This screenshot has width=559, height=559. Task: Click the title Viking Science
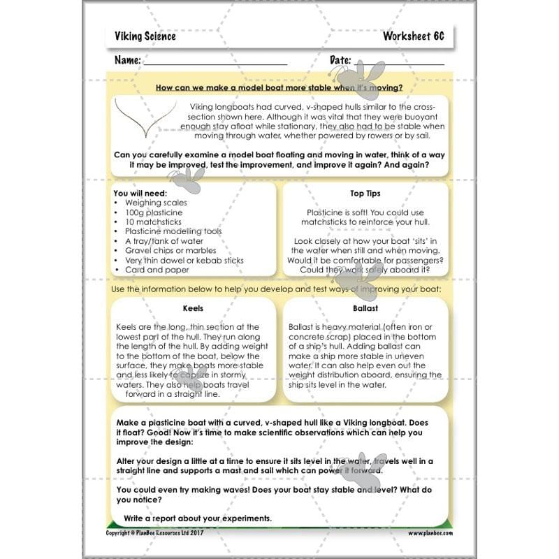[145, 36]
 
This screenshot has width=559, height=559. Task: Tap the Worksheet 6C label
[413, 36]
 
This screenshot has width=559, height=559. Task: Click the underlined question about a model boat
[279, 88]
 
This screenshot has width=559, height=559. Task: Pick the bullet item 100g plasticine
[154, 212]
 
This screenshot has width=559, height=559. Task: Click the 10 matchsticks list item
[153, 222]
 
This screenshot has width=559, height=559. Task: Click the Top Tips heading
[365, 193]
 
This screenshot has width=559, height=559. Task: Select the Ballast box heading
[365, 307]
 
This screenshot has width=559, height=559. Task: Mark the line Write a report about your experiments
[197, 518]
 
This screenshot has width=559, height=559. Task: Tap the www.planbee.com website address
[431, 532]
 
